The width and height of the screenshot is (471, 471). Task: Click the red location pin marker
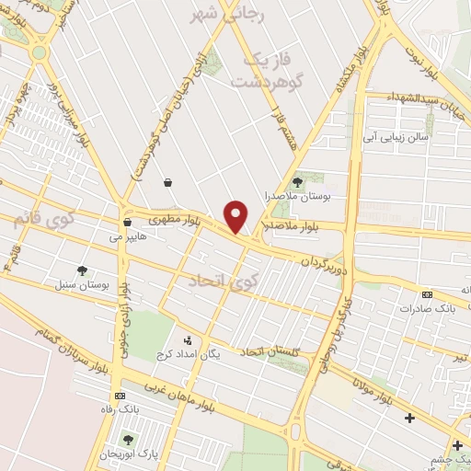coord(236,216)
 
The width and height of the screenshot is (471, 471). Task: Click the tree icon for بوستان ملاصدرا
coord(296,182)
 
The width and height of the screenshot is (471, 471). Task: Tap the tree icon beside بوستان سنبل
coord(82,270)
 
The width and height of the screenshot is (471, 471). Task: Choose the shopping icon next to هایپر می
coord(127,223)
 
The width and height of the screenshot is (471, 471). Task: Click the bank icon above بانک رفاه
coord(121,393)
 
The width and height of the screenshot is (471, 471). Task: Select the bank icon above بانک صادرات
coord(427,294)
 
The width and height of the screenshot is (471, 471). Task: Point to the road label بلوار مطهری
coord(172,218)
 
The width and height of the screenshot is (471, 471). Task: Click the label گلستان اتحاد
coord(274,351)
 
